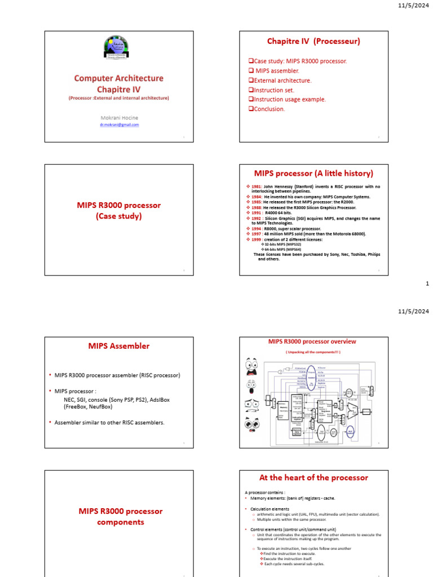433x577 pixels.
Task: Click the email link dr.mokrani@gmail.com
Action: tap(119, 125)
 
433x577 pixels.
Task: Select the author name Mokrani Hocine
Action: tap(119, 117)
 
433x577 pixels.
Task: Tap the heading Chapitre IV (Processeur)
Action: tap(313, 41)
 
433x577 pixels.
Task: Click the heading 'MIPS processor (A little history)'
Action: tap(313, 173)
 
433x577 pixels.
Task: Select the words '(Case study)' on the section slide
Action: tap(119, 216)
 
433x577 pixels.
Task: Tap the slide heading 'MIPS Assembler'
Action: tap(119, 346)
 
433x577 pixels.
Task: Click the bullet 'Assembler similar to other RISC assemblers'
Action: tap(109, 423)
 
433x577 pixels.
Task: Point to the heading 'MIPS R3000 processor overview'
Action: tap(312, 341)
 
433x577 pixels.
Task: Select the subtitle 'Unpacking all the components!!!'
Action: tap(313, 352)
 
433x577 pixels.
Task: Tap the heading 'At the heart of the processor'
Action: tap(313, 477)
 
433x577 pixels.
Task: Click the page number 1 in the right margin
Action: tap(427, 284)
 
